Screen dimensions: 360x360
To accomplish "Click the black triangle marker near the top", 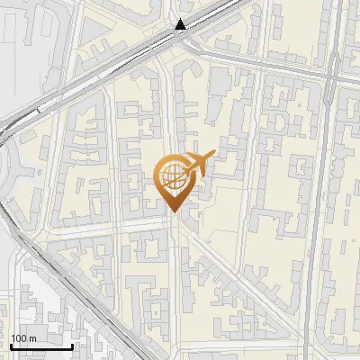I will pyautogui.click(x=182, y=25).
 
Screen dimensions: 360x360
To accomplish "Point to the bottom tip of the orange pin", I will pyautogui.click(x=172, y=211).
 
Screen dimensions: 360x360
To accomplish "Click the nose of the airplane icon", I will pyautogui.click(x=214, y=152).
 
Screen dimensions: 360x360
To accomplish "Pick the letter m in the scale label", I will pyautogui.click(x=33, y=338).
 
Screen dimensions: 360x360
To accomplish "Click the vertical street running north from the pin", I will pyautogui.click(x=170, y=108).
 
